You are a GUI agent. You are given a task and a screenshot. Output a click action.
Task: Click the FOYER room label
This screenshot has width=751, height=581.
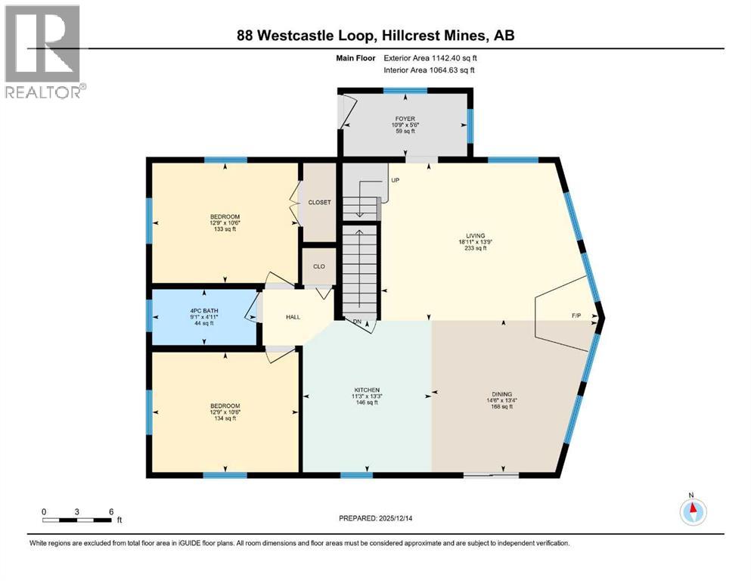405,119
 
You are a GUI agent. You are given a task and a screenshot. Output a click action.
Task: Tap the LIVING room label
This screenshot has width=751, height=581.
476,236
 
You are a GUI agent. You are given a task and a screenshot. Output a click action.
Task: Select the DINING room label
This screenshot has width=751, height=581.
501,395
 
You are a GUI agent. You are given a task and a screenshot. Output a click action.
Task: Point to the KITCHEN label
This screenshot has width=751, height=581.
367,390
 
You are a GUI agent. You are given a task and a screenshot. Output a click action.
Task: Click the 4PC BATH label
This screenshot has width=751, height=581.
204,311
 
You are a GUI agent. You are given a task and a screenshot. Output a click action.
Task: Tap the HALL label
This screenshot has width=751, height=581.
293,317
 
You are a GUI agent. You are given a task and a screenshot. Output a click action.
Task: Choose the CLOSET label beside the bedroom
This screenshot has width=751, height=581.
319,203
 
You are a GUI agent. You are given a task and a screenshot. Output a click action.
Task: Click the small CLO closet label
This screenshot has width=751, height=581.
319,267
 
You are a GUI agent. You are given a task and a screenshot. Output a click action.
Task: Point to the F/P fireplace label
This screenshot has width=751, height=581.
576,315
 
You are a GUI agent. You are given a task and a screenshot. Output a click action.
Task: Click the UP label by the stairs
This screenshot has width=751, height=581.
395,181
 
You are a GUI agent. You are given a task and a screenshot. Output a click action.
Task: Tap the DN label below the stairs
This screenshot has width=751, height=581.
357,322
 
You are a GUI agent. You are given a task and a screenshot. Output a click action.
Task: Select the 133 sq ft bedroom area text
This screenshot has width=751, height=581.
225,229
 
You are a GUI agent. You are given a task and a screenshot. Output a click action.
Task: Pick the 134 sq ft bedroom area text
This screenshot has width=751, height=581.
225,418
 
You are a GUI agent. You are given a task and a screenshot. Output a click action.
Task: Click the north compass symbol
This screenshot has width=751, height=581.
693,511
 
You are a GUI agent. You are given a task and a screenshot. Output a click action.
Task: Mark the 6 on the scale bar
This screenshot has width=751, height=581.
111,511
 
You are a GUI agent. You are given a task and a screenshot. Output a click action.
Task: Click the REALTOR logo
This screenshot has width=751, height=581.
45,51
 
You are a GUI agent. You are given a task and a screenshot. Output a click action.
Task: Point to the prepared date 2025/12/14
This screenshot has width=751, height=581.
396,518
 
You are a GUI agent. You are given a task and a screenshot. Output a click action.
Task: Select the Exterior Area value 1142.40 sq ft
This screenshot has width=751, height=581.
454,58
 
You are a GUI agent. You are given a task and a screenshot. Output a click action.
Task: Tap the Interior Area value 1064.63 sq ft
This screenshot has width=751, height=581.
452,70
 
